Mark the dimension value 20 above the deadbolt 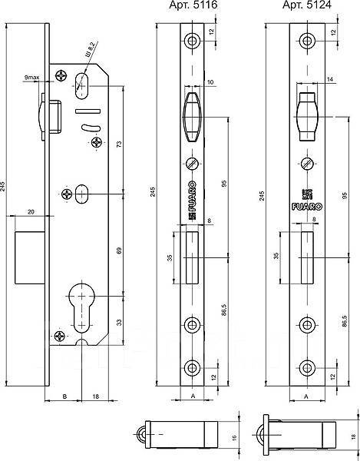(x=31, y=211)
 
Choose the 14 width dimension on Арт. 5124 (x=309, y=81)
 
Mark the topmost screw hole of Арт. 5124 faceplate (x=308, y=41)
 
